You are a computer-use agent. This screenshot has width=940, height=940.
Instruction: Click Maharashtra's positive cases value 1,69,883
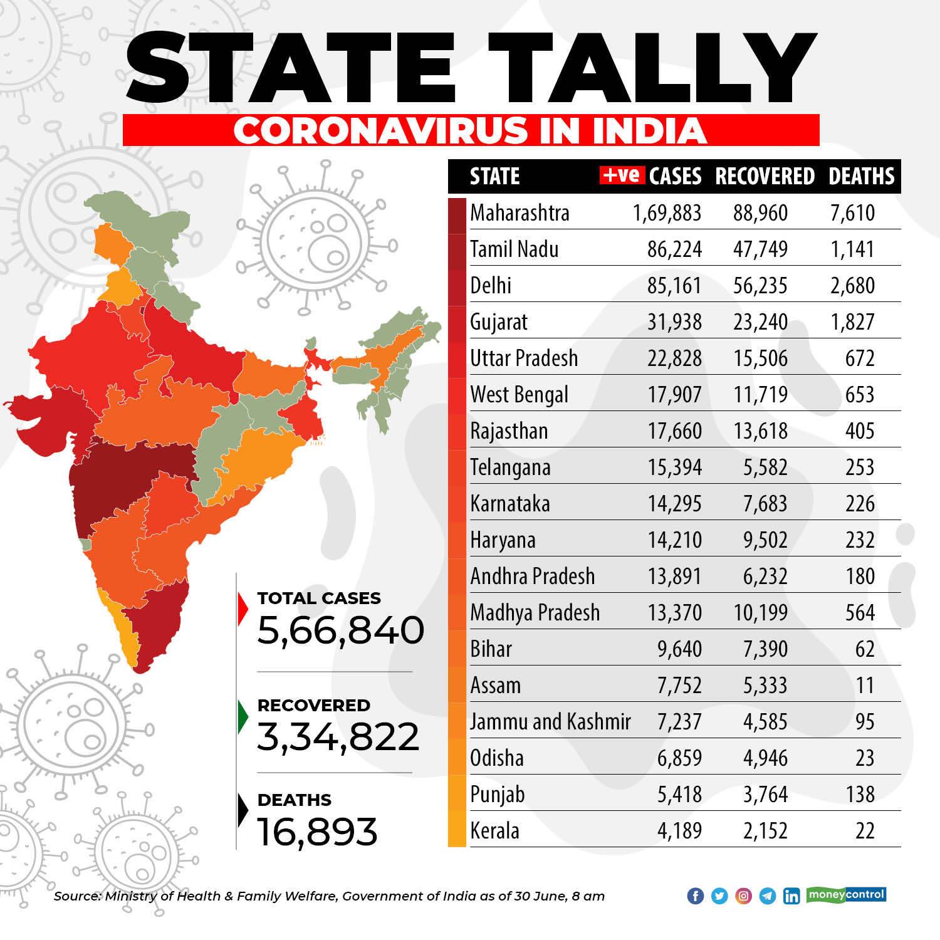click(x=667, y=213)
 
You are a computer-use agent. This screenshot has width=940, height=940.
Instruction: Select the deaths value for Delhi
click(x=852, y=286)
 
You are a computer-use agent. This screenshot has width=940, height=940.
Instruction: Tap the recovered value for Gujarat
click(x=761, y=322)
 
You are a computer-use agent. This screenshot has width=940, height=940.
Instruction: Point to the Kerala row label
click(x=495, y=831)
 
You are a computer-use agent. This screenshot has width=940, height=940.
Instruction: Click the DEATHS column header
click(x=862, y=176)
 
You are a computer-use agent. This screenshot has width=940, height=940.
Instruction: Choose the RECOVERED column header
click(x=765, y=176)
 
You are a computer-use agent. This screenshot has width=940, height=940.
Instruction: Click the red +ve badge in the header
click(x=622, y=175)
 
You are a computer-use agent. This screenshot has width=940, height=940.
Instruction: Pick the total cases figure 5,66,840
click(x=341, y=630)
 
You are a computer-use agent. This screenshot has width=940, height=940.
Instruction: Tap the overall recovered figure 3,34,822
click(x=338, y=736)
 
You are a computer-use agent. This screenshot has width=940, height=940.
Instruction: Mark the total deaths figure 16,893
click(x=318, y=831)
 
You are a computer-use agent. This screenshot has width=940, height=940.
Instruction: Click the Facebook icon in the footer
click(x=696, y=896)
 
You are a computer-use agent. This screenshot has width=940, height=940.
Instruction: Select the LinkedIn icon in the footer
click(x=791, y=896)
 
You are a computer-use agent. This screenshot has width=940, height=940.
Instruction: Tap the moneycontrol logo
click(x=846, y=894)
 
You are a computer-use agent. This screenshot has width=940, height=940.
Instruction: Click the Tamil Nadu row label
click(x=514, y=249)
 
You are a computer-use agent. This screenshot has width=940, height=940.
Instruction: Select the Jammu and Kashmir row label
click(x=550, y=722)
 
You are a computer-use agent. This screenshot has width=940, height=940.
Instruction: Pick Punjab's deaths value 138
click(x=860, y=795)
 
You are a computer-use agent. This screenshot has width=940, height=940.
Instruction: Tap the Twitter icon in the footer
click(x=719, y=896)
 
